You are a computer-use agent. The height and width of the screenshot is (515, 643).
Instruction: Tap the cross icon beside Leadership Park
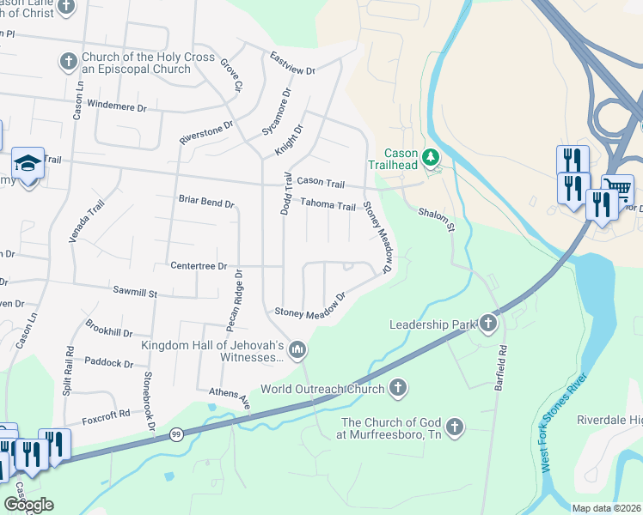488,323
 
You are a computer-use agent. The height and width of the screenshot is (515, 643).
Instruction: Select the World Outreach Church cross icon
397,389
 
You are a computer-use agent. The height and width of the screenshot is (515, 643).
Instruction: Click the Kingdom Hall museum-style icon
297,348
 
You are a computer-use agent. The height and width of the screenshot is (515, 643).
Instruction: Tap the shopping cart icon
617,188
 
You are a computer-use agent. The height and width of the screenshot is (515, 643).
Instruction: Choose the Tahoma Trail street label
328,205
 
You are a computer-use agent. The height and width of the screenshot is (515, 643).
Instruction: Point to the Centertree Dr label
198,266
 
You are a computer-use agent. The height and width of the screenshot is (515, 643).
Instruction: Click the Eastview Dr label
292,64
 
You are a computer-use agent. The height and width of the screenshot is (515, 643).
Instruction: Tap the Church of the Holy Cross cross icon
68,62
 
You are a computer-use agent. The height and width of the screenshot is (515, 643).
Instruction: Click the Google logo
28,505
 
